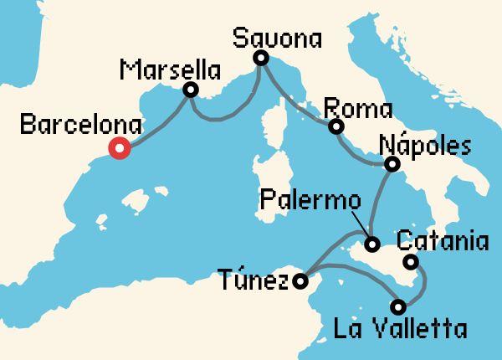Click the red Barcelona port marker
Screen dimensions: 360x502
tap(119, 150)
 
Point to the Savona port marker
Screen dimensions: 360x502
tap(261, 58)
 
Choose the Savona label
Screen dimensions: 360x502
tap(277, 37)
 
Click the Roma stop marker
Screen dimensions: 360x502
tap(336, 127)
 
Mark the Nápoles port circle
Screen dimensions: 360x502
tap(390, 165)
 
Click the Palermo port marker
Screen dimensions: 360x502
tap(372, 245)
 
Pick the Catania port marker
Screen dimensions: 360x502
tap(410, 263)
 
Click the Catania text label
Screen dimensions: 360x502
tap(441, 243)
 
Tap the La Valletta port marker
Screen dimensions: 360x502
tap(399, 306)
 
